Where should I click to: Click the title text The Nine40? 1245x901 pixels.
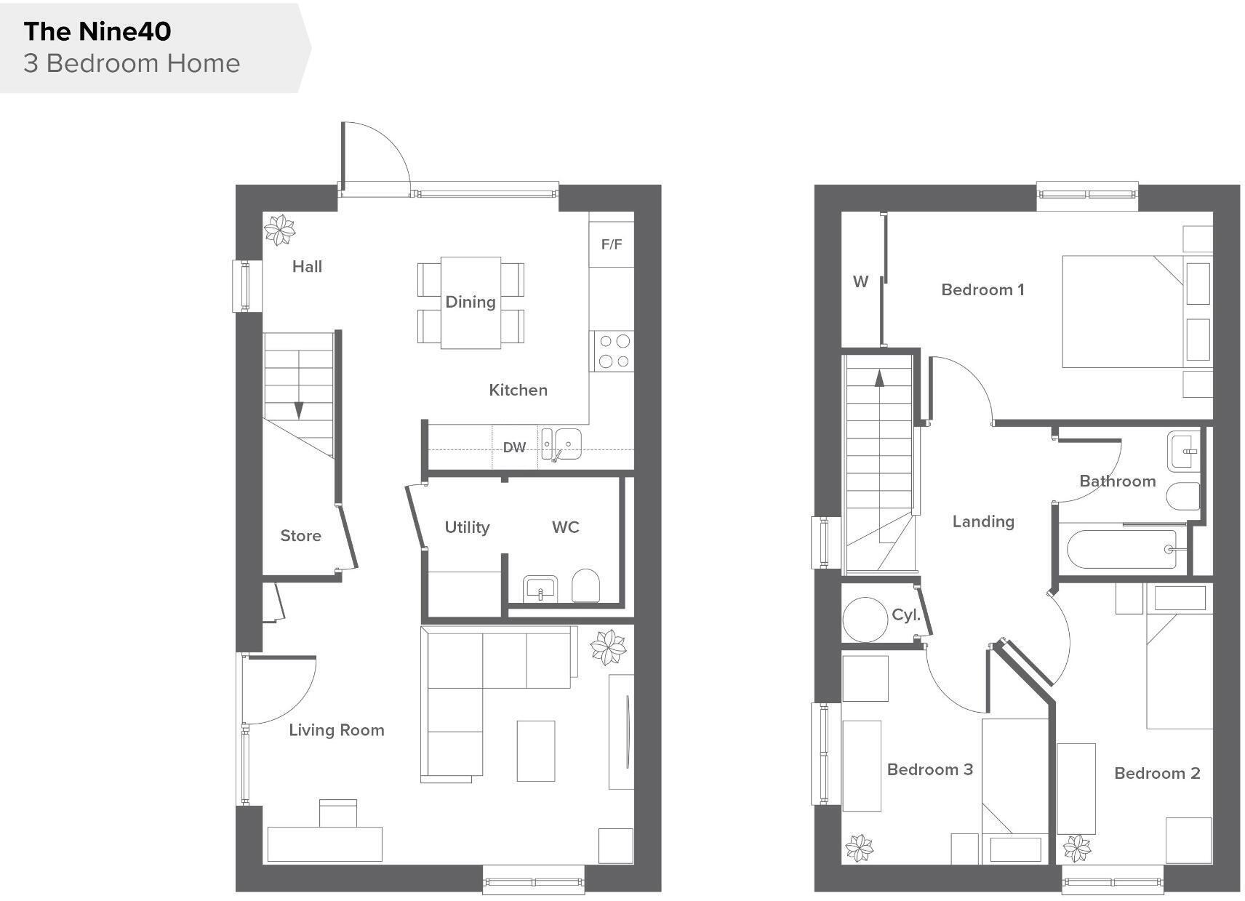[x=97, y=31]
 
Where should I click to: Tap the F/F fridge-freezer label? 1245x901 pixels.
[x=612, y=244]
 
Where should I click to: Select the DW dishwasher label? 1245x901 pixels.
[x=514, y=447]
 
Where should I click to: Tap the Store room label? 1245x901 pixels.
[x=300, y=536]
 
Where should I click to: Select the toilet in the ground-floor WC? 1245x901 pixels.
[x=585, y=585]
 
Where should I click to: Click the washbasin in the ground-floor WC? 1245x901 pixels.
[x=540, y=588]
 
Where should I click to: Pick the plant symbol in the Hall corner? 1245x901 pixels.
[x=279, y=230]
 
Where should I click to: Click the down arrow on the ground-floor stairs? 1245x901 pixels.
[x=299, y=411]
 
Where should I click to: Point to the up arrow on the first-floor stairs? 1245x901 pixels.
[x=879, y=378]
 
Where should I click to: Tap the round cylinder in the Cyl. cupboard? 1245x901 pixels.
[x=865, y=620]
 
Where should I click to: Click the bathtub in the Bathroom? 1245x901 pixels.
[x=1121, y=549]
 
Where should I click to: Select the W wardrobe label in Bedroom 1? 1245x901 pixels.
[x=860, y=281]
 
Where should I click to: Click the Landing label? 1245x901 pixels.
[x=983, y=521]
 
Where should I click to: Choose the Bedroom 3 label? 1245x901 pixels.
[x=929, y=769]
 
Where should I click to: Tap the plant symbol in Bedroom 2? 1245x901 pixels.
[x=1076, y=848]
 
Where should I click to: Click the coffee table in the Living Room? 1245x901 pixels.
[x=536, y=750]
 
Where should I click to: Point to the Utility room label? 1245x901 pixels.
[x=467, y=527]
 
